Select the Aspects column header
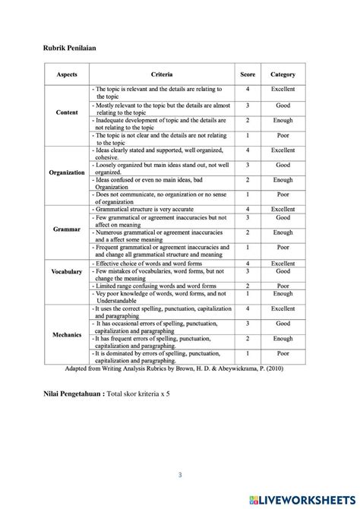[67, 74]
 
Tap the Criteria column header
[161, 74]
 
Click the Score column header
[248, 74]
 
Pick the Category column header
[283, 74]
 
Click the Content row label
[67, 112]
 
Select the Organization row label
[67, 172]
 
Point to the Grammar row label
[67, 229]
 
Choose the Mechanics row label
[67, 334]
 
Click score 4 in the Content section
[248, 90]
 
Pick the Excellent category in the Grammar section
[283, 209]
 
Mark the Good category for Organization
[283, 165]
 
